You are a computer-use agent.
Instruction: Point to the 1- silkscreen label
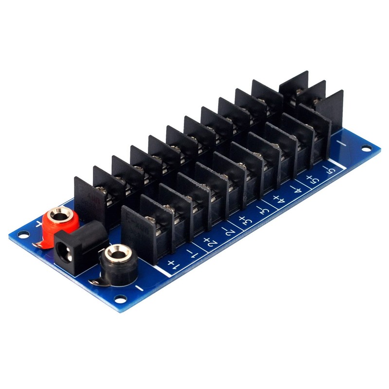coord(191,253)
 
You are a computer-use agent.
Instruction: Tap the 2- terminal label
coord(227,231)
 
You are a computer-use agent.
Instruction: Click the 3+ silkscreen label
coord(244,221)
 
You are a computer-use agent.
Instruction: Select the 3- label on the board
coord(262,211)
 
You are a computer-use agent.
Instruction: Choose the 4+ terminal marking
coord(279,200)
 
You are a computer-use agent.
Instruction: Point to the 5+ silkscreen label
coord(312,180)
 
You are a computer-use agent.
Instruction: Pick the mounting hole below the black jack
coord(118,299)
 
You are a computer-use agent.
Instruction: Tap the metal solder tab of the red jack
coord(40,242)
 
